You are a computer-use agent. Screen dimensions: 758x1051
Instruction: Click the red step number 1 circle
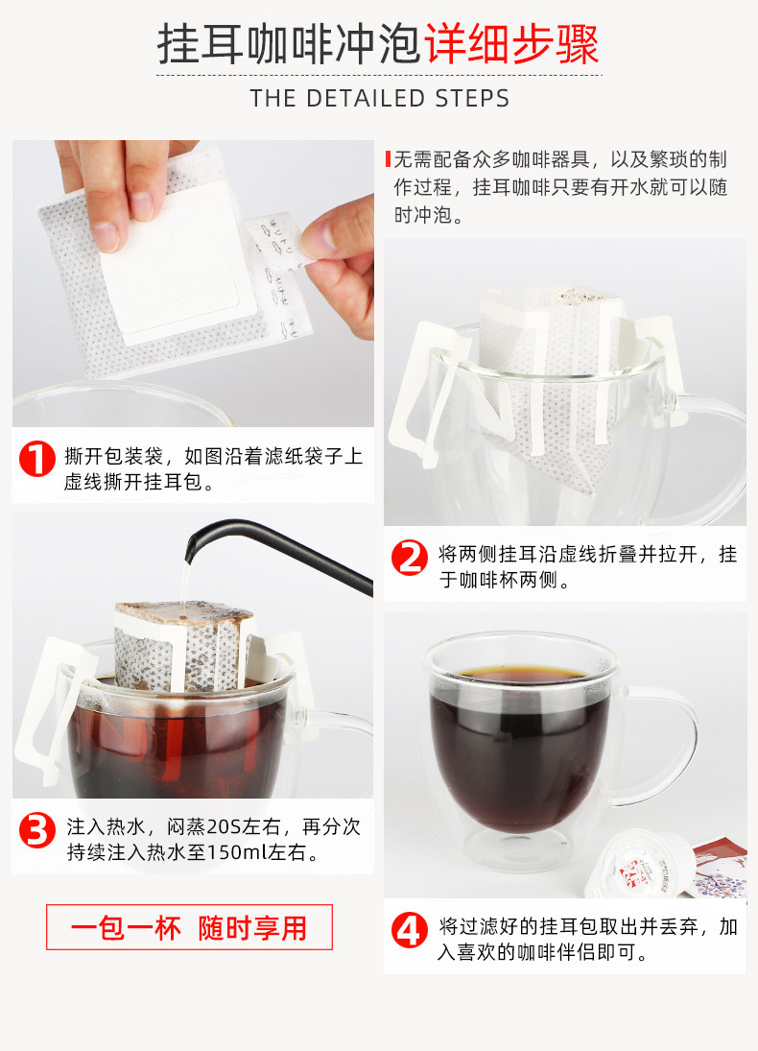(x=36, y=459)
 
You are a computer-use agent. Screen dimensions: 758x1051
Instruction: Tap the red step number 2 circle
(x=410, y=558)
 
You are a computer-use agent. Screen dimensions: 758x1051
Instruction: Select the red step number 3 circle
(x=36, y=830)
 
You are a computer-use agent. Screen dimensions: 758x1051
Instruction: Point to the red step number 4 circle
(x=410, y=930)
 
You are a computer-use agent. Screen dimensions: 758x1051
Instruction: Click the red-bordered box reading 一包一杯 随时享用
(x=189, y=927)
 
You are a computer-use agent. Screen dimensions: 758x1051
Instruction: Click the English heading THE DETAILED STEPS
(x=379, y=99)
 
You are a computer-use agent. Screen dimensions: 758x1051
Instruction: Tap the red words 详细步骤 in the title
(x=511, y=44)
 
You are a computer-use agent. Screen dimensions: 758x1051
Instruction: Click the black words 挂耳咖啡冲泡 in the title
(x=290, y=44)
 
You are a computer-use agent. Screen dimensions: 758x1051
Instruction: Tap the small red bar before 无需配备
(x=388, y=159)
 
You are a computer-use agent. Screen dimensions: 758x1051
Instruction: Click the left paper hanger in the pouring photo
(x=54, y=710)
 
